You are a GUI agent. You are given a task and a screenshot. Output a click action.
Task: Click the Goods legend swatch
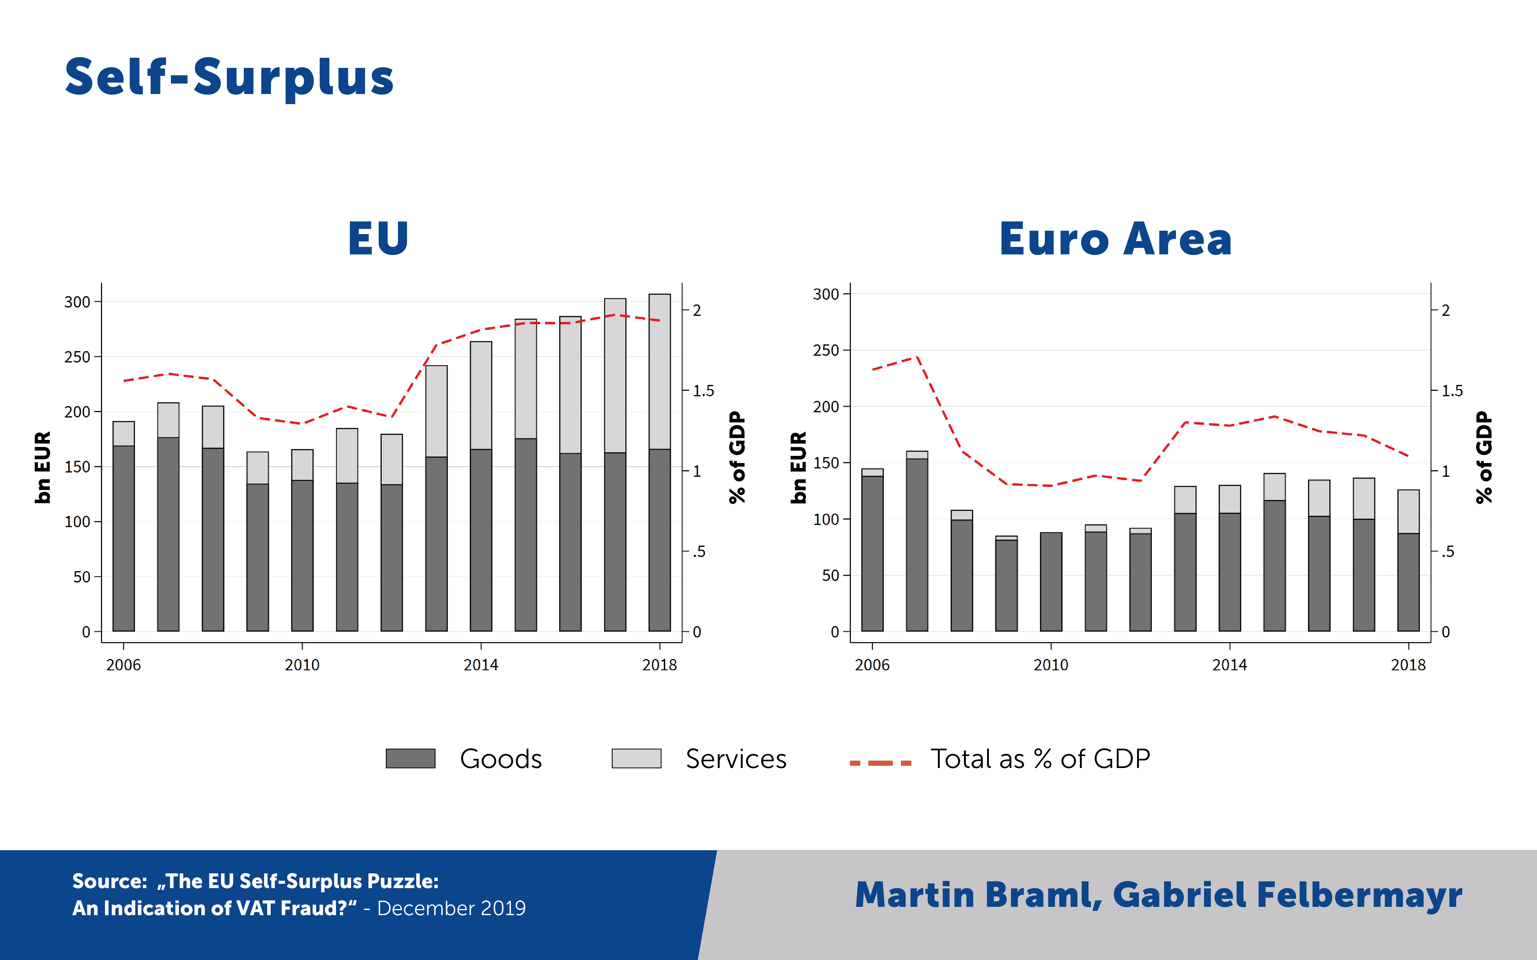(410, 758)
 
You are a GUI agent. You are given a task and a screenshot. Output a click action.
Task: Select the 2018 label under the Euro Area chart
(1408, 665)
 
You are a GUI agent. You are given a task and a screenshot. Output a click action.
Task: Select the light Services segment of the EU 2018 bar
(659, 371)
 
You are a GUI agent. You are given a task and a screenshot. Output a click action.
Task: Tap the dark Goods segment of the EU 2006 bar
(124, 539)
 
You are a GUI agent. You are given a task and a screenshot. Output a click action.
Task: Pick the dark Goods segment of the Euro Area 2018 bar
(1408, 582)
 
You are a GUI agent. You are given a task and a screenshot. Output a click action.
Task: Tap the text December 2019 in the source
(452, 908)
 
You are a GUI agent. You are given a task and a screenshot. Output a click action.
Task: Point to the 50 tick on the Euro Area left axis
(831, 575)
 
